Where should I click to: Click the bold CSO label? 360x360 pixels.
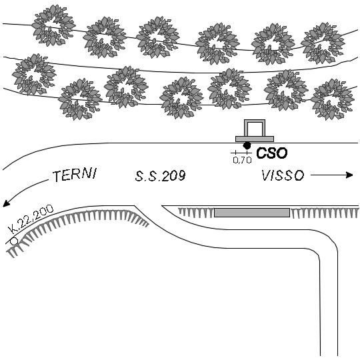point(271,153)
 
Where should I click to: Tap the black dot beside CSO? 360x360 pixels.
point(247,145)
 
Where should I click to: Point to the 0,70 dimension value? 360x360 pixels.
point(242,160)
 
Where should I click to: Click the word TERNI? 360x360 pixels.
point(75,175)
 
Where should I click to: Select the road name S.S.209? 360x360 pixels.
point(160,176)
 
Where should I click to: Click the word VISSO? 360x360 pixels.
point(283,175)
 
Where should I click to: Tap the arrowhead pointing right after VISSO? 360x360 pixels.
point(349,175)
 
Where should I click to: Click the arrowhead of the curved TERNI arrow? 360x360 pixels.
point(6,203)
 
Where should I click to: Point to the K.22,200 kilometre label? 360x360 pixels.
point(31,219)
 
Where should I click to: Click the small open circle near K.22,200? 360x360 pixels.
point(14,241)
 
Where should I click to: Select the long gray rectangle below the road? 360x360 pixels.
point(252,213)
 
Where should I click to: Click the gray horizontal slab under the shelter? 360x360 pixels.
point(255,139)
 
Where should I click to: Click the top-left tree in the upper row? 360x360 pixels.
point(53,25)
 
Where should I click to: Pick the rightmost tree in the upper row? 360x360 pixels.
point(323,43)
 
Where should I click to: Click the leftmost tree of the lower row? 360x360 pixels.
point(34,74)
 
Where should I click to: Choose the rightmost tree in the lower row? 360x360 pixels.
point(332,99)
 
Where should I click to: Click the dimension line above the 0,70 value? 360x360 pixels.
point(241,153)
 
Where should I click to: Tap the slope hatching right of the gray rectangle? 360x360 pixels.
point(325,213)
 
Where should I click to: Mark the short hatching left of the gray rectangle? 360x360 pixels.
point(196,213)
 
